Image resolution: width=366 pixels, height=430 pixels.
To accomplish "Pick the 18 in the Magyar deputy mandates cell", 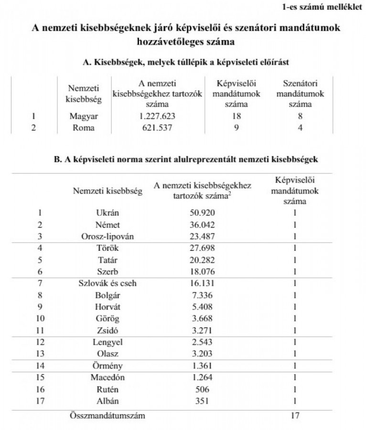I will click(236, 116).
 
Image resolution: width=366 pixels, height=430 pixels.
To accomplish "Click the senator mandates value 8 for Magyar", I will click(300, 116).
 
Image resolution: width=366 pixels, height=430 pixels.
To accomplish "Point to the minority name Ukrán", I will click(107, 213).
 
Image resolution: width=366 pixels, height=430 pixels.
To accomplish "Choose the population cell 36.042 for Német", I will click(202, 225).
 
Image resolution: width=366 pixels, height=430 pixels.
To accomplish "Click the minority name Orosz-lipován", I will click(107, 236).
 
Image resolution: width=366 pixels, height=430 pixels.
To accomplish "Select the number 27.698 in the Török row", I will click(202, 248).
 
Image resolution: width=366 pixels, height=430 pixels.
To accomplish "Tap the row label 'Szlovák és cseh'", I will click(107, 283).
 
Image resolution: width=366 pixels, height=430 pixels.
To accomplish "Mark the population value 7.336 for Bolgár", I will click(202, 295).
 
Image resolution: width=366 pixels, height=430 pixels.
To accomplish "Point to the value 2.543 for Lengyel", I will click(202, 343).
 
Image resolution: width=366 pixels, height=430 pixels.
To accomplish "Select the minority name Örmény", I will click(107, 366).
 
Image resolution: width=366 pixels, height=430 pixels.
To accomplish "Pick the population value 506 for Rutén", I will click(202, 390).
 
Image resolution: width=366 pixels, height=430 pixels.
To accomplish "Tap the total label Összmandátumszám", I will click(107, 416).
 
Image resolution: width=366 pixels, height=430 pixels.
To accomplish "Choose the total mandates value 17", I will click(295, 416).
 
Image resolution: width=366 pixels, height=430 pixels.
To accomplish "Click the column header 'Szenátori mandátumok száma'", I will click(300, 94).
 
